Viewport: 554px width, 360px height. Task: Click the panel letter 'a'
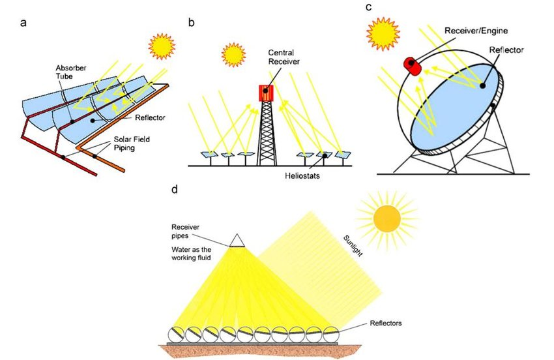24,24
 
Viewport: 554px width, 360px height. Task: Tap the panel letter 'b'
192,23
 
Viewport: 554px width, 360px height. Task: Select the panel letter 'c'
369,8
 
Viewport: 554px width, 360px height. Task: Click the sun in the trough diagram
162,45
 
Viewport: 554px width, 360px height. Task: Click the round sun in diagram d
386,218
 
